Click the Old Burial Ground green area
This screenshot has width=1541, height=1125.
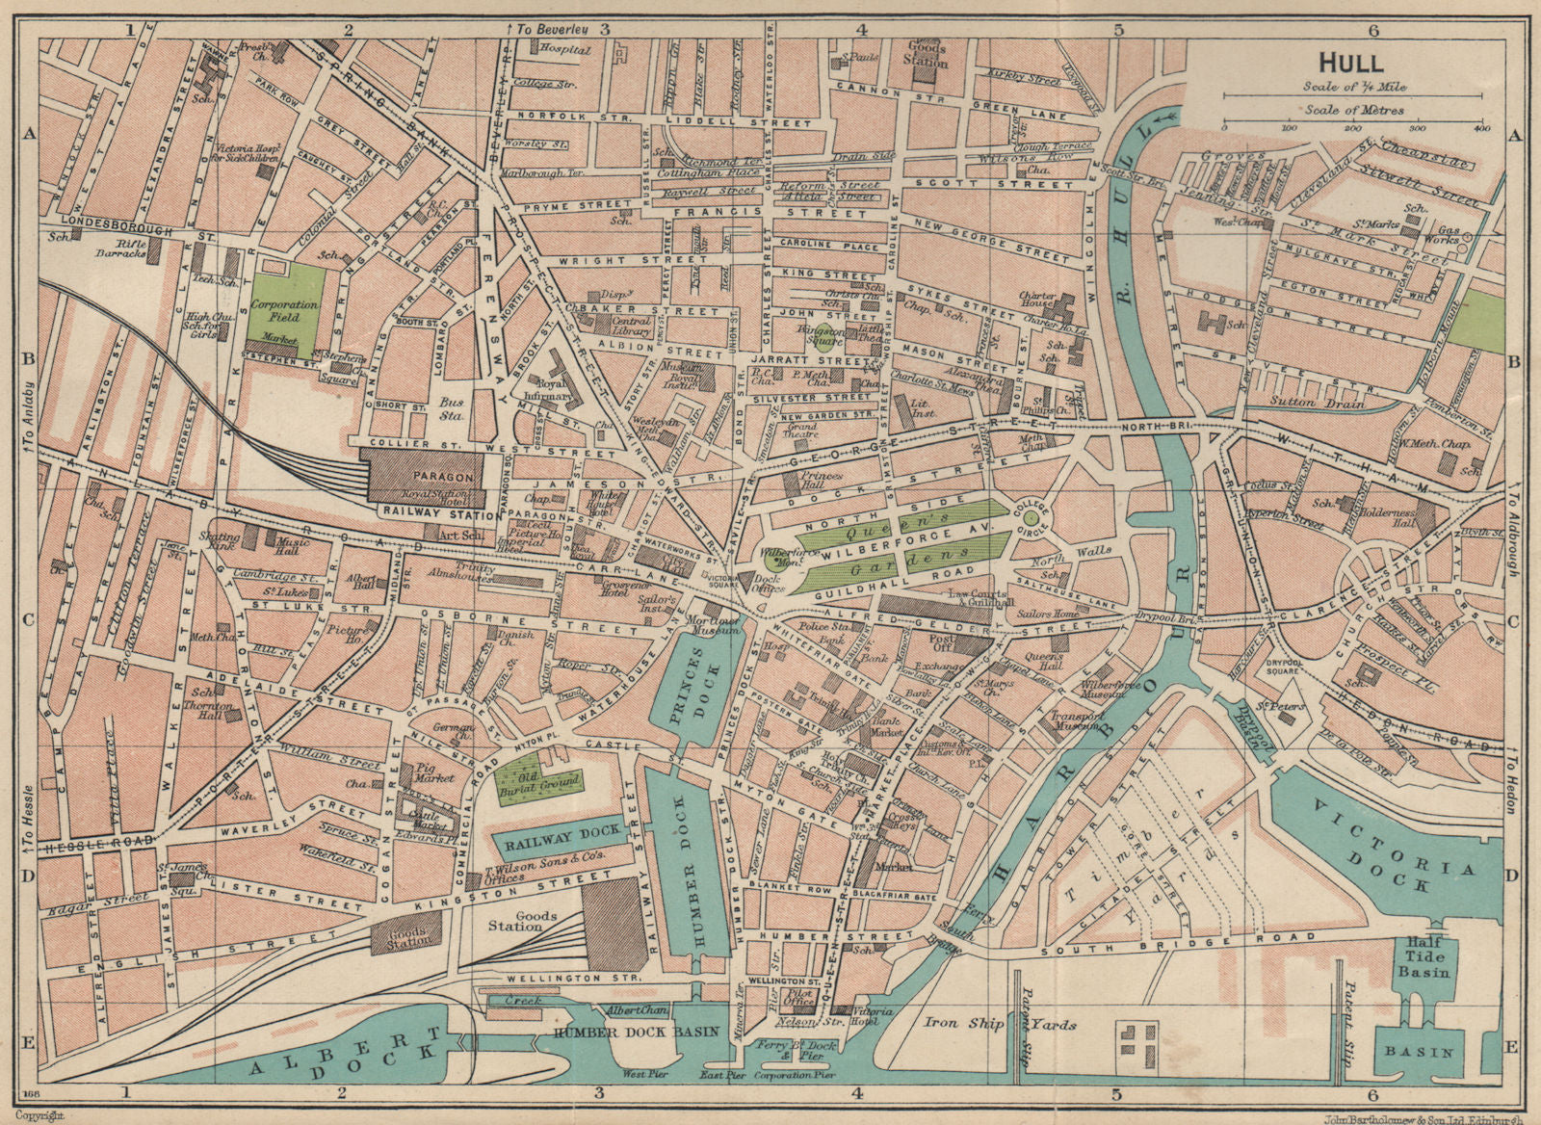535,781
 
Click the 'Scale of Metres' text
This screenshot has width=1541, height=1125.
1352,110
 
